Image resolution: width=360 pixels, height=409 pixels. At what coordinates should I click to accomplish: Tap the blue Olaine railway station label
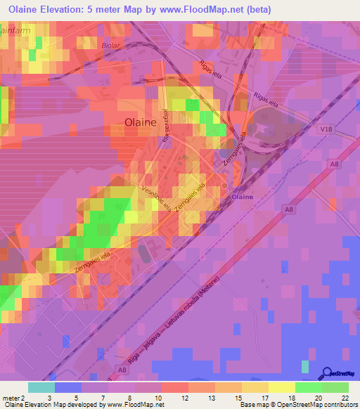click(243, 197)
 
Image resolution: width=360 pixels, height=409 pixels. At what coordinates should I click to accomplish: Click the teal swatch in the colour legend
click(41, 387)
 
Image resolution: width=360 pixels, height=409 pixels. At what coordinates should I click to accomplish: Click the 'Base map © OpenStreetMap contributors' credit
click(298, 405)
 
